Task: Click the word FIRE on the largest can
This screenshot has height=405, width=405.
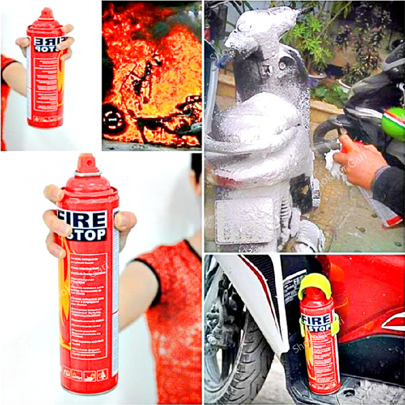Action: [x=83, y=219]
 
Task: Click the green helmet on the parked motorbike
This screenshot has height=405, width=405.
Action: [x=393, y=123]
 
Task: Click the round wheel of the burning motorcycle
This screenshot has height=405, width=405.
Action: [x=113, y=120]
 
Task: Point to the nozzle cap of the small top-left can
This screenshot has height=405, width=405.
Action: [x=47, y=13]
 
